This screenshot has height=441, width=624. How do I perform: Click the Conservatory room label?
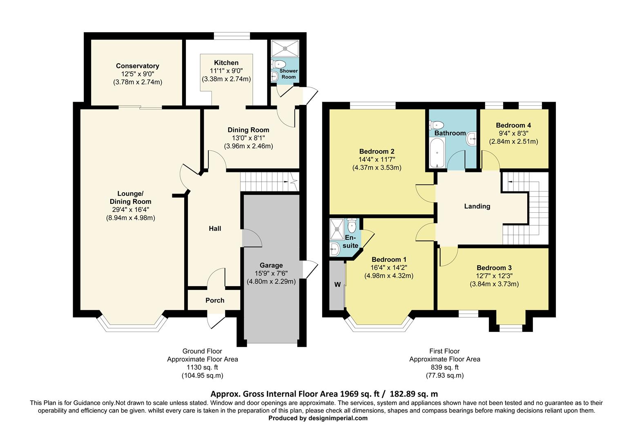(137, 66)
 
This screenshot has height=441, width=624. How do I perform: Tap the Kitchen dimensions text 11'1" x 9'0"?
(226, 71)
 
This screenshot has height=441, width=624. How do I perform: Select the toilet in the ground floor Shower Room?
(279, 64)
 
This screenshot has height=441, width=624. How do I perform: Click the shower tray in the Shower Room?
(285, 48)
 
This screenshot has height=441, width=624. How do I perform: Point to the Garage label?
(271, 265)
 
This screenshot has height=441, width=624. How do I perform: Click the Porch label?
(215, 300)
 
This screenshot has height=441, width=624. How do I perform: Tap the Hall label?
(215, 228)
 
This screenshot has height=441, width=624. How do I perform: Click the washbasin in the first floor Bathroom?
(472, 138)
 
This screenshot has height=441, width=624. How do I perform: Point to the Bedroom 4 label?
(513, 125)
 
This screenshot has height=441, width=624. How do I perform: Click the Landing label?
(477, 206)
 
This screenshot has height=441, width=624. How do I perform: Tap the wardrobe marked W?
(337, 285)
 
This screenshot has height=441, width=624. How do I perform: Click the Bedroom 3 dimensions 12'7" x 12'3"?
(494, 276)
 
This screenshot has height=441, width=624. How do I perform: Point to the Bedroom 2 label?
(377, 151)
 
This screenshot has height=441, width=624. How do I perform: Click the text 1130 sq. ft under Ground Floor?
(202, 367)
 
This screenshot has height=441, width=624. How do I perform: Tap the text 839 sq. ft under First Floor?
(445, 367)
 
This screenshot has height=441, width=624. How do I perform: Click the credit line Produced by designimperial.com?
(318, 418)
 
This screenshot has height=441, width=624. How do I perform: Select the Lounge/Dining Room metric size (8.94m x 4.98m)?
(130, 218)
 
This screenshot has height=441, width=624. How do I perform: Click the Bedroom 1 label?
(389, 259)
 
